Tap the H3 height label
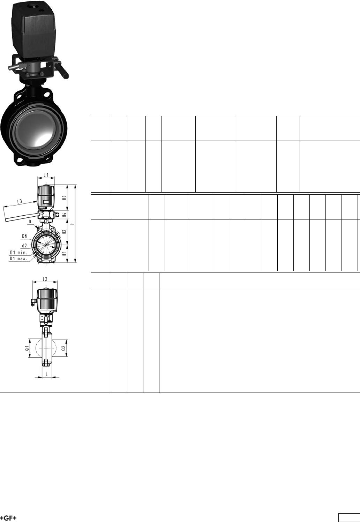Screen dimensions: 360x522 pyautogui.click(x=64, y=197)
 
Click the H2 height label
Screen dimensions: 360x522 pyautogui.click(x=64, y=232)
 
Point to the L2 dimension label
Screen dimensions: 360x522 pyautogui.click(x=45, y=279)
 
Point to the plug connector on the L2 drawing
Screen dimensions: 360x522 pyautogui.click(x=33, y=302)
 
